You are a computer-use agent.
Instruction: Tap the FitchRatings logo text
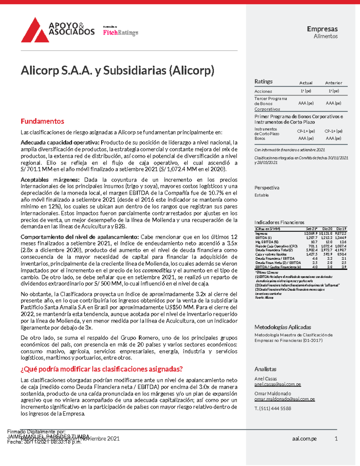coord(121,33)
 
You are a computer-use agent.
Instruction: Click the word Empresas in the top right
coord(322,29)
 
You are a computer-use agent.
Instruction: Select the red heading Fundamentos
coord(42,121)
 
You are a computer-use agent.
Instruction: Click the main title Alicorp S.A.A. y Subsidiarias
coord(117,71)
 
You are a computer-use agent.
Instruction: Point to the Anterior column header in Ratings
coord(333,83)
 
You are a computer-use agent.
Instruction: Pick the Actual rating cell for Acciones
coord(306,91)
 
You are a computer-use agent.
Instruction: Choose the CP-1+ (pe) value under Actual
coord(306,131)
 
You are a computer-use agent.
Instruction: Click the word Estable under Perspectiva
coord(261,195)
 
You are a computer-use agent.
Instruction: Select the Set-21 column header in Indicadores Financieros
coord(311,229)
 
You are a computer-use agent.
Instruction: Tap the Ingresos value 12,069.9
coord(310,233)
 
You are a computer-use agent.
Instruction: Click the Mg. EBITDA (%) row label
coord(267,242)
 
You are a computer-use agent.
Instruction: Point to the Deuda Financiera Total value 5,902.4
coord(311,250)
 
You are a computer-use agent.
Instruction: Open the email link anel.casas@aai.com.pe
coord(277,384)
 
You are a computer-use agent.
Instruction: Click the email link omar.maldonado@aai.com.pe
coord(284,399)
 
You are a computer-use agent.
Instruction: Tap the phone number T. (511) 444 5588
coord(272,408)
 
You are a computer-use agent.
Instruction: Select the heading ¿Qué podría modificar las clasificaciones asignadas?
coord(102,369)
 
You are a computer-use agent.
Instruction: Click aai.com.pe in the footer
coord(304,439)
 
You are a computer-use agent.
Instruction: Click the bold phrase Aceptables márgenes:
coord(50,180)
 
